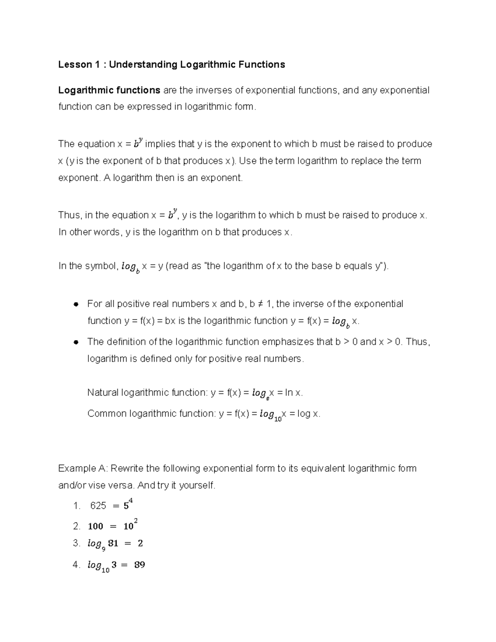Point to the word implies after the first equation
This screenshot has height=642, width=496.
[160, 144]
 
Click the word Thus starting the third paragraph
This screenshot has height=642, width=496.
[69, 215]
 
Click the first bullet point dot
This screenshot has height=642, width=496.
[76, 304]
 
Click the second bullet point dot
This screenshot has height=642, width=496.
[76, 342]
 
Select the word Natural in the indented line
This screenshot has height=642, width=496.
[103, 392]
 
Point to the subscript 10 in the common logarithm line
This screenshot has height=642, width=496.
[278, 419]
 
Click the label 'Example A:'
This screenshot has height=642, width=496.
[83, 468]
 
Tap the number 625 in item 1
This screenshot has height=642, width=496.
[98, 506]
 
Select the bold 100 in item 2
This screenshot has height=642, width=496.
[95, 526]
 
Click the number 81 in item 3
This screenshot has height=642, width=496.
[113, 544]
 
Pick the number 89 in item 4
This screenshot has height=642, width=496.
[139, 565]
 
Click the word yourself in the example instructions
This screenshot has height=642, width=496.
[197, 485]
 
